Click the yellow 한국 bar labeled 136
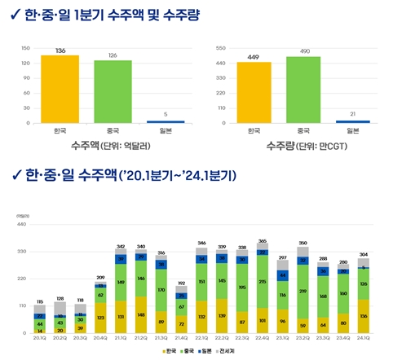pos(60,89)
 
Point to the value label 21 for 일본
pos(352,114)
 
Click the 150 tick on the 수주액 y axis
pos(24,48)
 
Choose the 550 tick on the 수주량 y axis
pos(219,48)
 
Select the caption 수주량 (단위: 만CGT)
pos(302,147)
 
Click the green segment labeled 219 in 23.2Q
pos(302,291)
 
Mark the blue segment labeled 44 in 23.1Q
pos(283,276)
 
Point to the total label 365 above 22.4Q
pos(263,242)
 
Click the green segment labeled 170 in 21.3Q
pos(161,289)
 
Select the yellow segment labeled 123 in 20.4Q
pos(100,318)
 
